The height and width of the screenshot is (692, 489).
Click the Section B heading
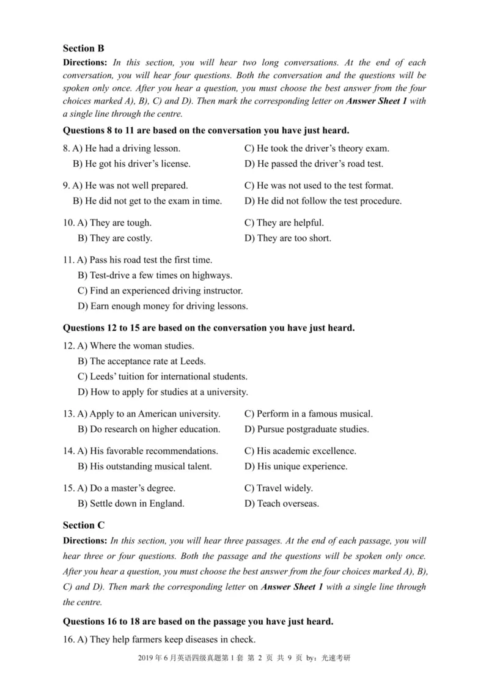84,48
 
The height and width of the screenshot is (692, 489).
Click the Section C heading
84,525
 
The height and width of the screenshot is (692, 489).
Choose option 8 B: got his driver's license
131,164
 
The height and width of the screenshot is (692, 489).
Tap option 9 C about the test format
318,185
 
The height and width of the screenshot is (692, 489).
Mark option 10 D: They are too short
287,238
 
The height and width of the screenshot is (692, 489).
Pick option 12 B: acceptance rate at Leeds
141,361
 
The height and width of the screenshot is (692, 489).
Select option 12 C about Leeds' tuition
163,376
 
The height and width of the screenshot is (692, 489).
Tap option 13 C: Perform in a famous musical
308,414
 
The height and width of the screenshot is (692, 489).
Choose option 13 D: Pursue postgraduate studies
306,429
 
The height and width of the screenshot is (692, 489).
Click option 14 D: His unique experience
296,466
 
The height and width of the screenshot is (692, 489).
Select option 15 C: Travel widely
278,488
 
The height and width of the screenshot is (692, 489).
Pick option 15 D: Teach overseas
281,504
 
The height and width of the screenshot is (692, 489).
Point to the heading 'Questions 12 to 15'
208,328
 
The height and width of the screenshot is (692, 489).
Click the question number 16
68,639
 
